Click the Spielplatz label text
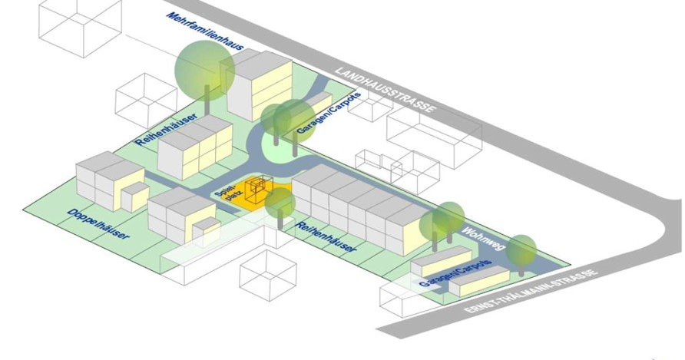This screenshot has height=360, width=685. (230, 192)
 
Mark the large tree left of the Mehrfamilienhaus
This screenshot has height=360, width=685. (203, 68)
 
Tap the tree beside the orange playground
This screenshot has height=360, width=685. (280, 203)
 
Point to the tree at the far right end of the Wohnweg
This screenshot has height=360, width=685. (521, 250)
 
